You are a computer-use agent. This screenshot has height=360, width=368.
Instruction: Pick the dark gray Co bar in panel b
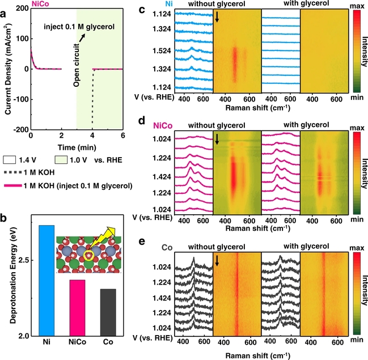pos(107,312)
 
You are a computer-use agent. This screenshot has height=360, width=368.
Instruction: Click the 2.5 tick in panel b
pos(21,260)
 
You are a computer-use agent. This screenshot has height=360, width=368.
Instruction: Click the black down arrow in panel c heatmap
pos(217,19)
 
